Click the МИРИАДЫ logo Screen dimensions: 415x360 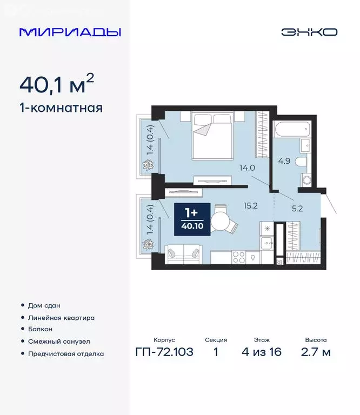tap(70, 32)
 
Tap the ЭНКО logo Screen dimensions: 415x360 tap(309, 32)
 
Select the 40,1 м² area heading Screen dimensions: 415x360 tap(57, 84)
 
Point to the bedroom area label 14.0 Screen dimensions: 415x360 tap(247, 168)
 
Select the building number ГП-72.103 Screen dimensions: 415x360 tap(164, 353)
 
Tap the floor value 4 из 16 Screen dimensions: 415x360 tap(262, 353)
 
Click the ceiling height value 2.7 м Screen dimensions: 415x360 tap(315, 353)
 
